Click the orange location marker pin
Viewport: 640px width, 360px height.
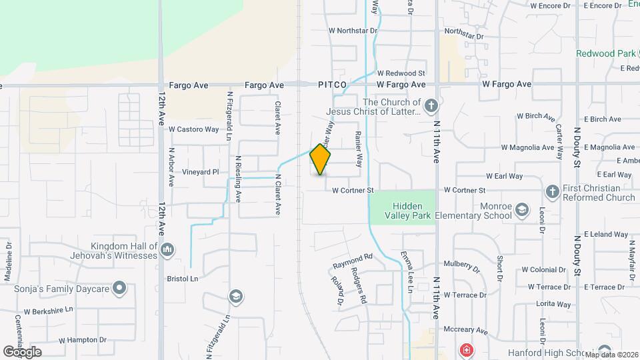click(321, 159)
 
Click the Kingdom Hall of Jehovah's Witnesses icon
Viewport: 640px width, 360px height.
click(167, 250)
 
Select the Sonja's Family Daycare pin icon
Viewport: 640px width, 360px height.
click(119, 288)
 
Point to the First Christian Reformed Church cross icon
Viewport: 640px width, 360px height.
click(552, 192)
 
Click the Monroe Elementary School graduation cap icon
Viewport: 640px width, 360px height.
click(522, 211)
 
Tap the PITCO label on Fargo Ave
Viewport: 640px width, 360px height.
click(332, 85)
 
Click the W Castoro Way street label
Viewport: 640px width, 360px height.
click(193, 129)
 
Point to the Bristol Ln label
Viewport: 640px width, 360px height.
click(183, 279)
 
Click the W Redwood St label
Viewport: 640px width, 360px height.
click(401, 73)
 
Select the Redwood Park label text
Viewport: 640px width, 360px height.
click(605, 53)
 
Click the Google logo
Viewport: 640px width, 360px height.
click(22, 351)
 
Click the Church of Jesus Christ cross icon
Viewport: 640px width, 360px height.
click(431, 105)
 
